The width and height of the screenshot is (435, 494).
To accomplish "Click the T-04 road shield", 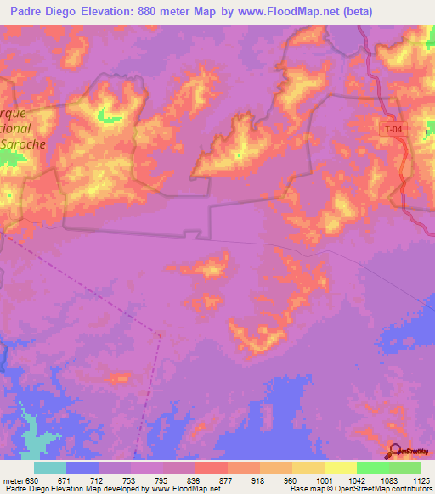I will tap(389, 126).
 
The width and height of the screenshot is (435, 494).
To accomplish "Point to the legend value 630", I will tap(33, 480).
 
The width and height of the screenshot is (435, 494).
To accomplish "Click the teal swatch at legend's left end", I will tap(49, 468).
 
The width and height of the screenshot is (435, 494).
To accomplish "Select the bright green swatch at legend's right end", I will tap(405, 468).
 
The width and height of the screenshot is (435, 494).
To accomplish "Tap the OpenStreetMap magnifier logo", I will tap(395, 451).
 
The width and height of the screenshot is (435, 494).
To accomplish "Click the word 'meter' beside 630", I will tap(12, 480).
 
